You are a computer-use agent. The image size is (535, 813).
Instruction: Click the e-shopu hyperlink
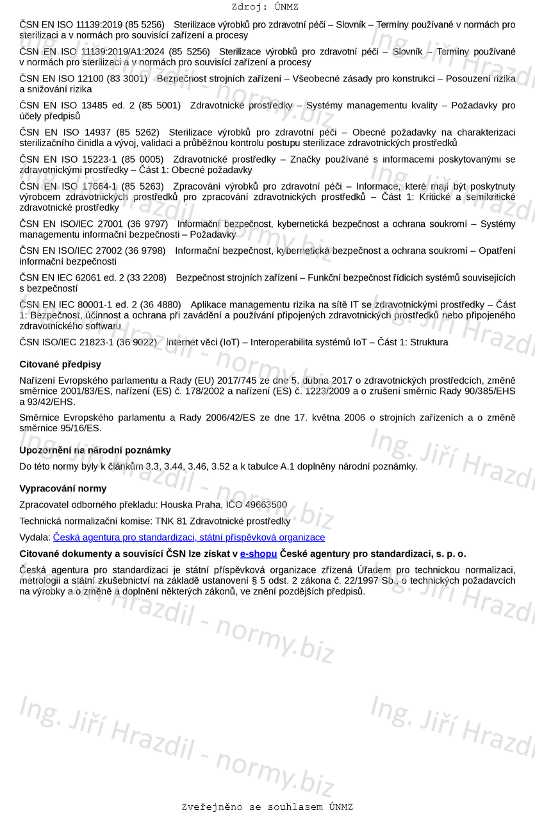pos(258,554)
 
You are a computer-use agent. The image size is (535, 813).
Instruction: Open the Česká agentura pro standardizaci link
pos(189,538)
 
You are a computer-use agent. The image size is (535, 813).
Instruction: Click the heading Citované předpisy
pos(60,365)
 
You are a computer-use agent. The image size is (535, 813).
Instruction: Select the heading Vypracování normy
pos(63,489)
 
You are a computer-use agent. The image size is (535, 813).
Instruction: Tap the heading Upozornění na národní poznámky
pos(95,450)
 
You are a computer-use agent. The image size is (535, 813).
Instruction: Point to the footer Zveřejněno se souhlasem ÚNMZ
pos(267,807)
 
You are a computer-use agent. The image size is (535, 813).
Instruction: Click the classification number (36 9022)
pos(136,342)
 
